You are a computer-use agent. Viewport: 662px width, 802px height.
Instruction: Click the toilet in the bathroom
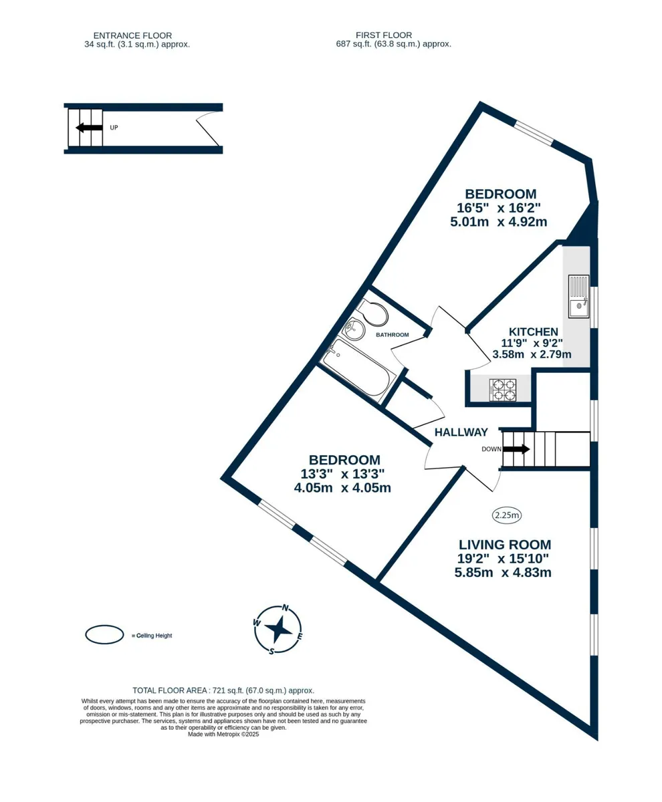(372, 313)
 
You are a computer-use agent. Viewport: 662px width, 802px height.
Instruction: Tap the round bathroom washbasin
(353, 329)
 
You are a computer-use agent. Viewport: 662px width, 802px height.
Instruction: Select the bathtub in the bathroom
(358, 370)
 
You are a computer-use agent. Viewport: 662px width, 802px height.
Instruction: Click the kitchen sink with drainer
(578, 296)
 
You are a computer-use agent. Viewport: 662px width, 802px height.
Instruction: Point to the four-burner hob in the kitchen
(502, 390)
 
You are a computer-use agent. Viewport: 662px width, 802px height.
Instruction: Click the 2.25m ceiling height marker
(507, 515)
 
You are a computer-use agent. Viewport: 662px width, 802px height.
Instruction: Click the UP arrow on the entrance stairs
(89, 128)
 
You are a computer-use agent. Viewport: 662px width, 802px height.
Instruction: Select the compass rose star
(278, 630)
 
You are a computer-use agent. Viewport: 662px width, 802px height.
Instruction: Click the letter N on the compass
(286, 608)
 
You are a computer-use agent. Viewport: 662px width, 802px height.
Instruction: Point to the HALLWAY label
(461, 432)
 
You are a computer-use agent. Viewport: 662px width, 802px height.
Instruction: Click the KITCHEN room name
(533, 331)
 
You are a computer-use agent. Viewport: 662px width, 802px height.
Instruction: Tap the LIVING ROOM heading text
(505, 545)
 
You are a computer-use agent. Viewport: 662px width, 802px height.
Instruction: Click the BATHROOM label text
(392, 335)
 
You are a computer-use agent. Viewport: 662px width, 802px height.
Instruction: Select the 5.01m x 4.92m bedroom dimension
(499, 222)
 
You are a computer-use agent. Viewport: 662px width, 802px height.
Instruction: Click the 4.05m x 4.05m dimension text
(342, 488)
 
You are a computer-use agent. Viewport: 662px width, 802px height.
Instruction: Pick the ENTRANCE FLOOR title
(132, 35)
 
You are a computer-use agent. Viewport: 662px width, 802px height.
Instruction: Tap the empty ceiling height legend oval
(104, 635)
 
